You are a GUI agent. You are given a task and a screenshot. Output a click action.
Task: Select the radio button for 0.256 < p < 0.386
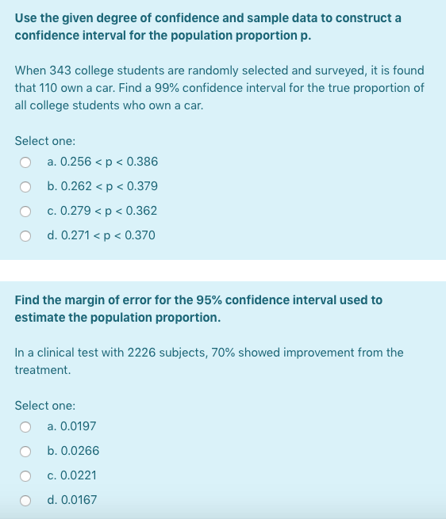pyautogui.click(x=25, y=162)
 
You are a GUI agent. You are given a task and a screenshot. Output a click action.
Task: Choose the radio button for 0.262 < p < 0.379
pyautogui.click(x=25, y=187)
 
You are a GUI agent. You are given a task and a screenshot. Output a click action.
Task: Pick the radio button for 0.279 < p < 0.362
pyautogui.click(x=25, y=212)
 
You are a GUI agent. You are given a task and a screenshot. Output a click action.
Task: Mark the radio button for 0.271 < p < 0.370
pyautogui.click(x=25, y=236)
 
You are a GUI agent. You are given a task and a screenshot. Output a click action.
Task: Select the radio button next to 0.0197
pyautogui.click(x=25, y=427)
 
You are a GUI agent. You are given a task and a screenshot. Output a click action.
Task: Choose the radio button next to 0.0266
pyautogui.click(x=25, y=452)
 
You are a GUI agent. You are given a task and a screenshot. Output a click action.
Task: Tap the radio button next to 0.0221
pyautogui.click(x=25, y=476)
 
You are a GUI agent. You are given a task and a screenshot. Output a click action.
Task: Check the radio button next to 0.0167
pyautogui.click(x=25, y=501)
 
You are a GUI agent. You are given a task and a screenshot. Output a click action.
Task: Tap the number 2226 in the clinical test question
pyautogui.click(x=143, y=353)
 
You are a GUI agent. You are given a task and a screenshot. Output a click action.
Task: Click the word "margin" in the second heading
pyautogui.click(x=86, y=300)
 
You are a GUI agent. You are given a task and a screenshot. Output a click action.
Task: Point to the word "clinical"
pyautogui.click(x=48, y=353)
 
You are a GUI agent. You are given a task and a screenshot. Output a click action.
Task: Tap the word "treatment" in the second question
pyautogui.click(x=41, y=370)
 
